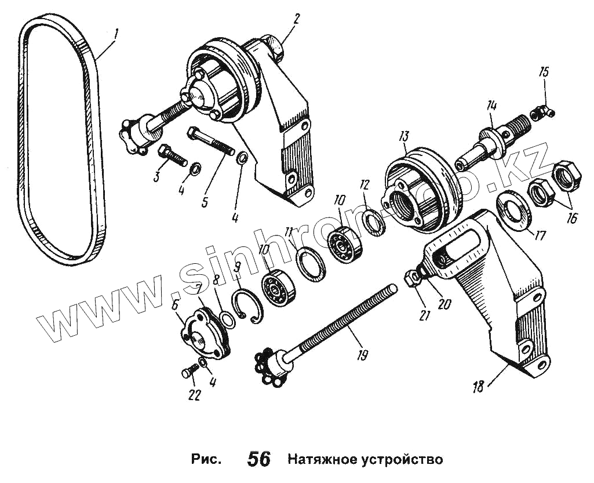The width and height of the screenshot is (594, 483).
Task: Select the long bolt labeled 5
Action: [x=209, y=141]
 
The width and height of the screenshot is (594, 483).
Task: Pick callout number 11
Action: [x=289, y=233]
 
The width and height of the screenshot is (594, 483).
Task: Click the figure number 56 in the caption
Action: [x=258, y=459]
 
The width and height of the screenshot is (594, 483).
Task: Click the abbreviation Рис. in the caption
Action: [x=206, y=459]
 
